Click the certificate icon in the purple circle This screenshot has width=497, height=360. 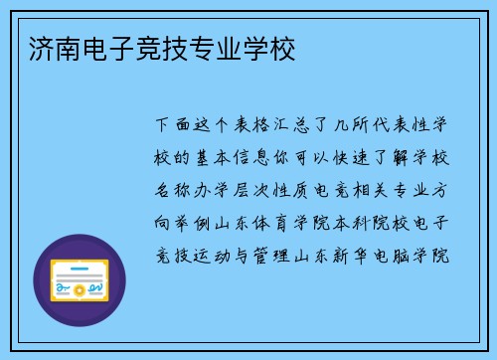pos(80,279)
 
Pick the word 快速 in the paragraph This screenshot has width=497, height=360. pos(353,158)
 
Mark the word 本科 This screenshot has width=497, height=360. pos(353,221)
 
